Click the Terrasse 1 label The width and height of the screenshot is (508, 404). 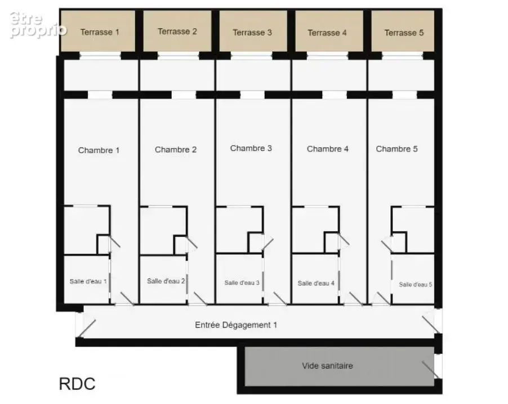point(100,32)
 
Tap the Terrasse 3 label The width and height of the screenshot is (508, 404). point(252,33)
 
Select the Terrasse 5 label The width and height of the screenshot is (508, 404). point(404,33)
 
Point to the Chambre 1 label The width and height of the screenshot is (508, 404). point(99,150)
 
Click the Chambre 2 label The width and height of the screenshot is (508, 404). point(176,150)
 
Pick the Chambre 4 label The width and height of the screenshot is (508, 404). point(328,149)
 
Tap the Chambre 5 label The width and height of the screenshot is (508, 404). point(396,149)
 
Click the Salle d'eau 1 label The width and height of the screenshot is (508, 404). point(88,281)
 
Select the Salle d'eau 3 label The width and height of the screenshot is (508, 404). point(242,282)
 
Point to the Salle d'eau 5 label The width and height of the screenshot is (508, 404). point(415,285)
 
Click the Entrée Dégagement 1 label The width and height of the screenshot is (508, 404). point(236,325)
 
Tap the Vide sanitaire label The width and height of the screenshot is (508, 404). point(327,366)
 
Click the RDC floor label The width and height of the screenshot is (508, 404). point(77,384)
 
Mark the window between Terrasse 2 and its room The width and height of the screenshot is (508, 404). point(178,56)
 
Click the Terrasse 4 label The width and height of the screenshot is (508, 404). point(327,33)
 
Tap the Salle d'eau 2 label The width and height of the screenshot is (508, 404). point(166,281)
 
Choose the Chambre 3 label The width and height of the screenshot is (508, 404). point(251,148)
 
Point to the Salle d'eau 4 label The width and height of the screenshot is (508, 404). point(316,283)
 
